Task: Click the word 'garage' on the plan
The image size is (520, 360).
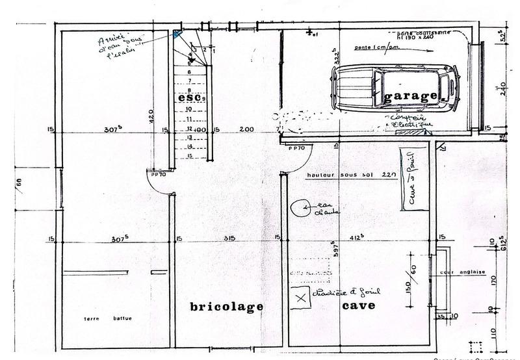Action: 411,97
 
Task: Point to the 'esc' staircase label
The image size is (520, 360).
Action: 189,97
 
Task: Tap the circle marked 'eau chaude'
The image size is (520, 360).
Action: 300,207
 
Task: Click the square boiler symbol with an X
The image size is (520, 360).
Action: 300,298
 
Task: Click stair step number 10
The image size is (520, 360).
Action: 188,110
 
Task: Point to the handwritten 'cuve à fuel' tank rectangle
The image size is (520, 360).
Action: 411,179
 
